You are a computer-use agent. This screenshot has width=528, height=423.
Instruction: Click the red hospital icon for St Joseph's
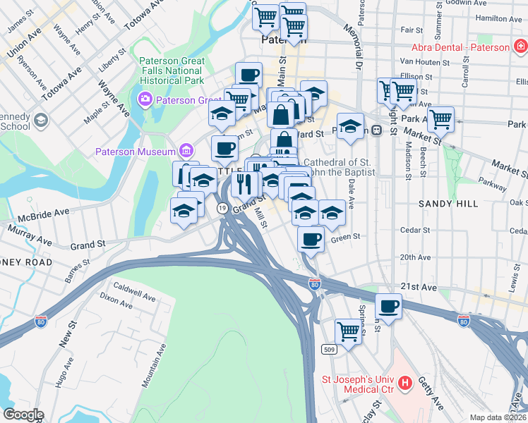click(405, 384)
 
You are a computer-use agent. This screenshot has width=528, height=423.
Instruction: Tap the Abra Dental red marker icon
click(521, 48)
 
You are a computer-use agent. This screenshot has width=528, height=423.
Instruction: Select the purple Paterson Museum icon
click(186, 150)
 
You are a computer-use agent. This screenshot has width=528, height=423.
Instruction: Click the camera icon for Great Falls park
click(146, 98)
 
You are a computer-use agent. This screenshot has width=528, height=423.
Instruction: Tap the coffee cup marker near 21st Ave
click(389, 306)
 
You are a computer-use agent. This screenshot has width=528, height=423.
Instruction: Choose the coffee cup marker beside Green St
click(311, 240)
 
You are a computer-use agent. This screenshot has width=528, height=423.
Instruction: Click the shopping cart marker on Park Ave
click(441, 119)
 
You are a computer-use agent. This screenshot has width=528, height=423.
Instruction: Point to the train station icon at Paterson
click(377, 130)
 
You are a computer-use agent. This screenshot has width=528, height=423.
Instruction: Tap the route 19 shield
click(222, 208)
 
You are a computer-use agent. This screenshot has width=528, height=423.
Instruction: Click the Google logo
click(23, 415)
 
